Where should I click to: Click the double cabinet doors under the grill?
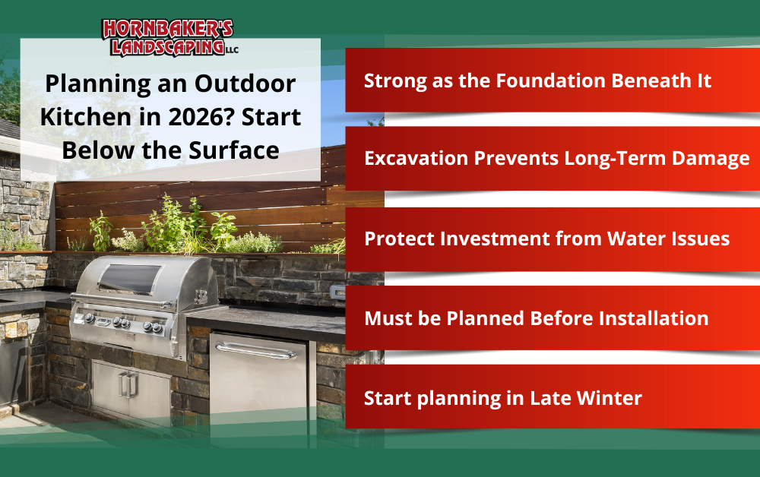click(x=129, y=387)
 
